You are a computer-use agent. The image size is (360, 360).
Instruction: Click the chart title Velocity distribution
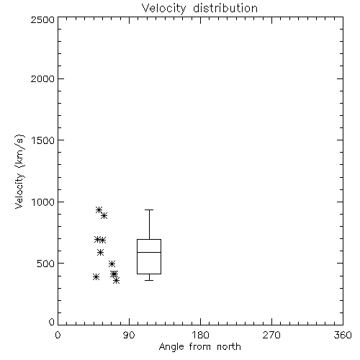point(199,9)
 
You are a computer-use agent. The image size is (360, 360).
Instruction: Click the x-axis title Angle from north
point(199,347)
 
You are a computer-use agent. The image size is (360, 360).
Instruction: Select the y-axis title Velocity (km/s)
point(19,171)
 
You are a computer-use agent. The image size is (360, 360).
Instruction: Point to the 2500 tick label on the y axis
point(42,19)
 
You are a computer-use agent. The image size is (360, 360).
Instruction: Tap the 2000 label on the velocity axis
point(42,78)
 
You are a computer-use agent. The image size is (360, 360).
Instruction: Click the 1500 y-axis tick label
point(43,140)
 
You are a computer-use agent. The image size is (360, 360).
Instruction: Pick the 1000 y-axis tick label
point(43,202)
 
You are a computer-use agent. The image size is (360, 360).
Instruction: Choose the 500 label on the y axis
point(46,264)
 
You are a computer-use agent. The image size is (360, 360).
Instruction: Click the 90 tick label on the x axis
point(129,335)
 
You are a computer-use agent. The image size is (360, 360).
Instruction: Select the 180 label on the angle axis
point(200,335)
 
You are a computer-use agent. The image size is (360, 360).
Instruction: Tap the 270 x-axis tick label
point(271,335)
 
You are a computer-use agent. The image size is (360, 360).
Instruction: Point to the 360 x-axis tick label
point(343,335)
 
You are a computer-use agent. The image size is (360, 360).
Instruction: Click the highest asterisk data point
point(99,210)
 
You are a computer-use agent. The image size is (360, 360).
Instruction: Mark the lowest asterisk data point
point(117,280)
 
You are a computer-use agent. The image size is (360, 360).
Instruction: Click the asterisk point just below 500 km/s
point(112,264)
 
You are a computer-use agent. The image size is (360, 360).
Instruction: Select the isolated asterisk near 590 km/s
point(100,252)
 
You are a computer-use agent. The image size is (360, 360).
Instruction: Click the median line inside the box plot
point(149,252)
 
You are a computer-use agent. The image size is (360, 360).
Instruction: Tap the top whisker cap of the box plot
point(149,210)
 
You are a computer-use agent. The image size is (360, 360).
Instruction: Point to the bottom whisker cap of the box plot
point(149,280)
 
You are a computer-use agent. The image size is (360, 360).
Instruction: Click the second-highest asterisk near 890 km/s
point(104,215)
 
